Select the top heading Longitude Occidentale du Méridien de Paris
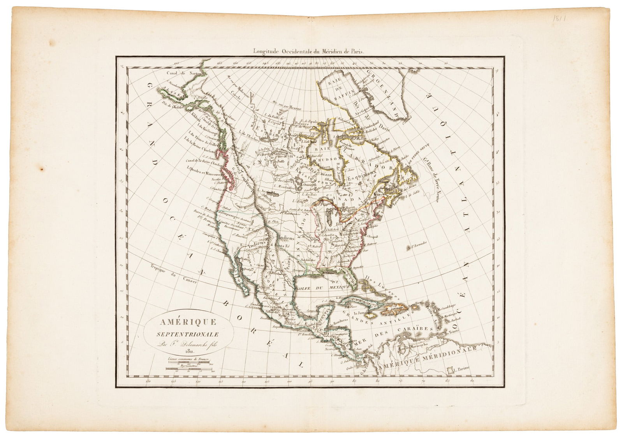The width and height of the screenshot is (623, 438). coord(308,50)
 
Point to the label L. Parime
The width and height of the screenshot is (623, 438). coord(458,369)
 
